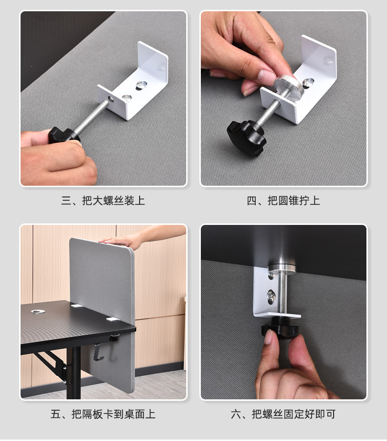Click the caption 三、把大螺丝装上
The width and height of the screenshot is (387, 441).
coord(103,200)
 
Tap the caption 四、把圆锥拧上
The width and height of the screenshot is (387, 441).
coord(283,200)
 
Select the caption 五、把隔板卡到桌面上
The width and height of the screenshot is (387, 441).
coord(103,414)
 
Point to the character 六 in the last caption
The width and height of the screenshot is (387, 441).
coord(236,414)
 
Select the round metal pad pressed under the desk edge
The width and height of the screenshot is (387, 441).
coord(282,269)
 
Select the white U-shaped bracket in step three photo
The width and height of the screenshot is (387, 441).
coord(132,81)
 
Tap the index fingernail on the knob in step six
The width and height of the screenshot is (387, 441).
coord(268,337)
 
